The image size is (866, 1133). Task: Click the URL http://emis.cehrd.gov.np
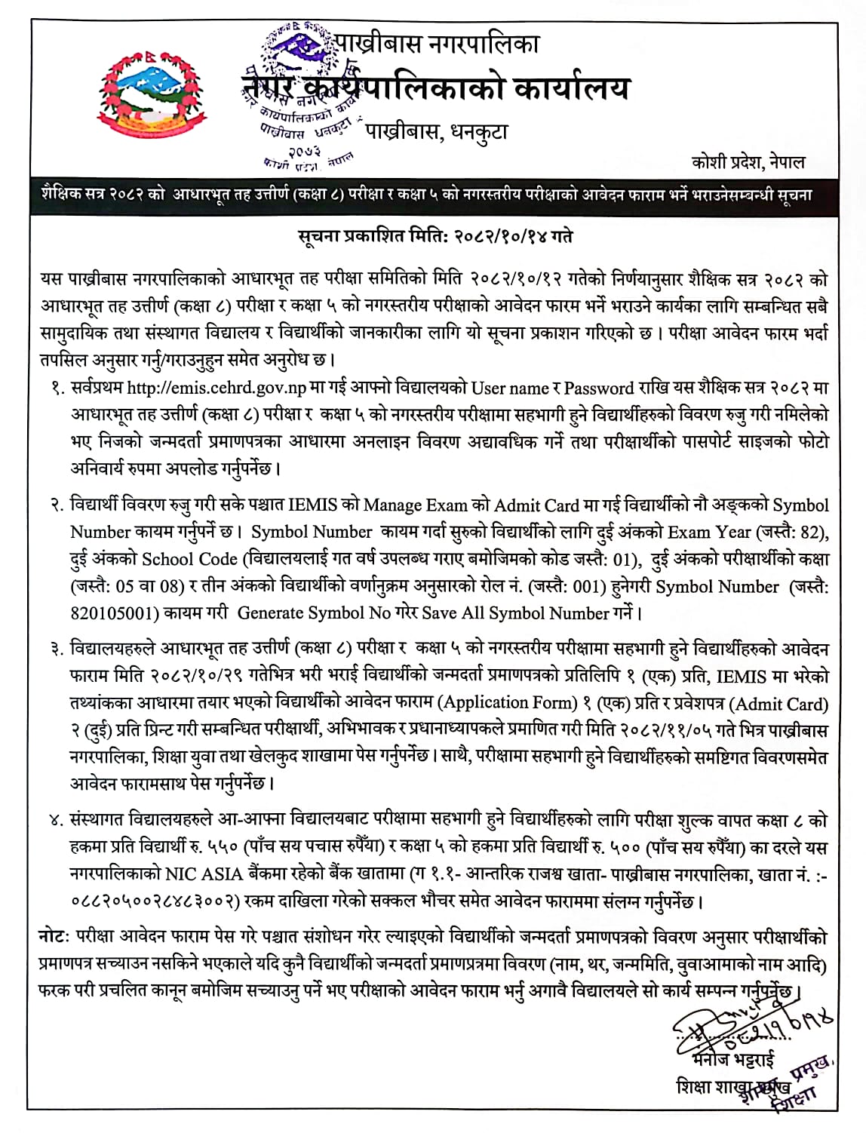[x=216, y=388]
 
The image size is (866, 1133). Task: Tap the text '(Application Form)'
[x=508, y=702]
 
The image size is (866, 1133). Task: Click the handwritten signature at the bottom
[x=747, y=1025]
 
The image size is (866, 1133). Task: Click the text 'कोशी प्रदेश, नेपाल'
[x=748, y=161]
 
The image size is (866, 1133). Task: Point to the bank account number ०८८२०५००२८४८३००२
[x=155, y=901]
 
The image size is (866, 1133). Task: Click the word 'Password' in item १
[x=598, y=388]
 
